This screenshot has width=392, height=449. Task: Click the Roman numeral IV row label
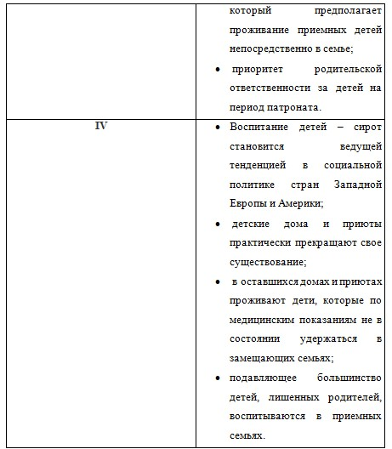coord(99,126)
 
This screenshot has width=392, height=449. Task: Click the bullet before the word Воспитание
coord(219,127)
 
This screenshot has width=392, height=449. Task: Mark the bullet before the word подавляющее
coord(219,378)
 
